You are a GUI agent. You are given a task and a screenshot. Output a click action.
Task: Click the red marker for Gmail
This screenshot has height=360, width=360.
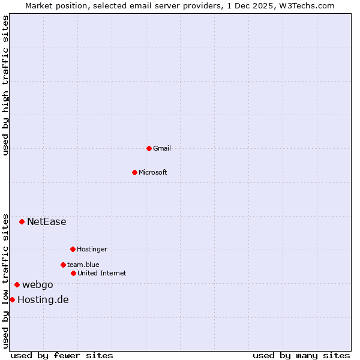click(149, 148)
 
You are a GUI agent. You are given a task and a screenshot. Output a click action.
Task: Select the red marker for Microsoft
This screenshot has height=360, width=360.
click(135, 172)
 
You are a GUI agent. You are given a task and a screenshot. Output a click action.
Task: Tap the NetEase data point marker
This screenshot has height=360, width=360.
click(22, 221)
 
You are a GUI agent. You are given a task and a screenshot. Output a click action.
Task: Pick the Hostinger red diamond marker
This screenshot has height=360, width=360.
click(73, 249)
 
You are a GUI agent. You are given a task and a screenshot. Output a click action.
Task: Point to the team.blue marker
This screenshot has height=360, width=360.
click(63, 265)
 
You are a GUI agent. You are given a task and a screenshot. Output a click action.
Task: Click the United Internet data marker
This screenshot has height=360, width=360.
click(73, 273)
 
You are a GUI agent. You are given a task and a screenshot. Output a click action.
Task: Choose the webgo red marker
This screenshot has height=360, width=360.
click(17, 284)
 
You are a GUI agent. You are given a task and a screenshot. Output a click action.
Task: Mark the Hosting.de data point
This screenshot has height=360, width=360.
click(12, 299)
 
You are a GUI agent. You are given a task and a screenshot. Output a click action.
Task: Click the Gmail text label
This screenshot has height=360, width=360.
click(162, 148)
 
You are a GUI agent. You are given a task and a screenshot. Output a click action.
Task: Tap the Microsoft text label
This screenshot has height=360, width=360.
click(153, 172)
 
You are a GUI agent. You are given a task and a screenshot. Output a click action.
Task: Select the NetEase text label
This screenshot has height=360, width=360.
click(47, 221)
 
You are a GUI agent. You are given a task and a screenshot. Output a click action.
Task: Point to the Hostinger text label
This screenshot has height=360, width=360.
click(92, 249)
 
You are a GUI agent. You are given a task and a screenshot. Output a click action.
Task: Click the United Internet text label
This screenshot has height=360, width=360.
click(102, 273)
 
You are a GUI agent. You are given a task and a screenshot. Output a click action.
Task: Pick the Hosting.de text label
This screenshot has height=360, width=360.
click(43, 299)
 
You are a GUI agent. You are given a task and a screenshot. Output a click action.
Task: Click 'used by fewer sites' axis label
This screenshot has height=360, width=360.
click(62, 355)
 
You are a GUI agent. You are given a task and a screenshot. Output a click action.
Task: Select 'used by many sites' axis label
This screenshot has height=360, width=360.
click(301, 355)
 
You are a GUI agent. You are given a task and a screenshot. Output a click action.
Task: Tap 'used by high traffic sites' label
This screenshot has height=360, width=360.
click(5, 85)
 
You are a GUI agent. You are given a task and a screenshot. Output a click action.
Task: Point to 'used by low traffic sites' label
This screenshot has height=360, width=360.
click(5, 280)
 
